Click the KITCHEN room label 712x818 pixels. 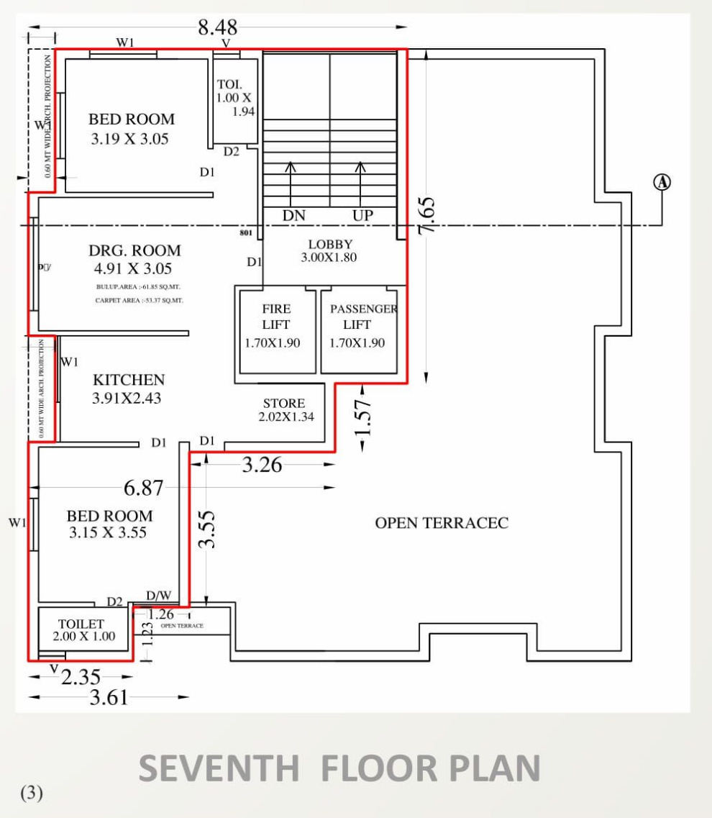[129, 380]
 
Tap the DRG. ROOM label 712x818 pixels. [134, 251]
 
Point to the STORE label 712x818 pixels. [283, 404]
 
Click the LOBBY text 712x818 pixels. [330, 245]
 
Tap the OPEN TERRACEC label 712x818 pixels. [442, 523]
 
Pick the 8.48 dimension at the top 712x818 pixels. [218, 28]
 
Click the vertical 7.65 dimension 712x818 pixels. [426, 214]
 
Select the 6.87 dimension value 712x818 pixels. [144, 488]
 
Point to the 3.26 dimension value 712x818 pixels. [262, 465]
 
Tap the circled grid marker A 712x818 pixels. [662, 182]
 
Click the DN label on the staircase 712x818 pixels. [293, 215]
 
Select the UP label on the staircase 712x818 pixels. [362, 215]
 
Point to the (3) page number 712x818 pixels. [32, 793]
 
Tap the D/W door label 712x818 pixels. [159, 596]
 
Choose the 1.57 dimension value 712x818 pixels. [365, 417]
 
